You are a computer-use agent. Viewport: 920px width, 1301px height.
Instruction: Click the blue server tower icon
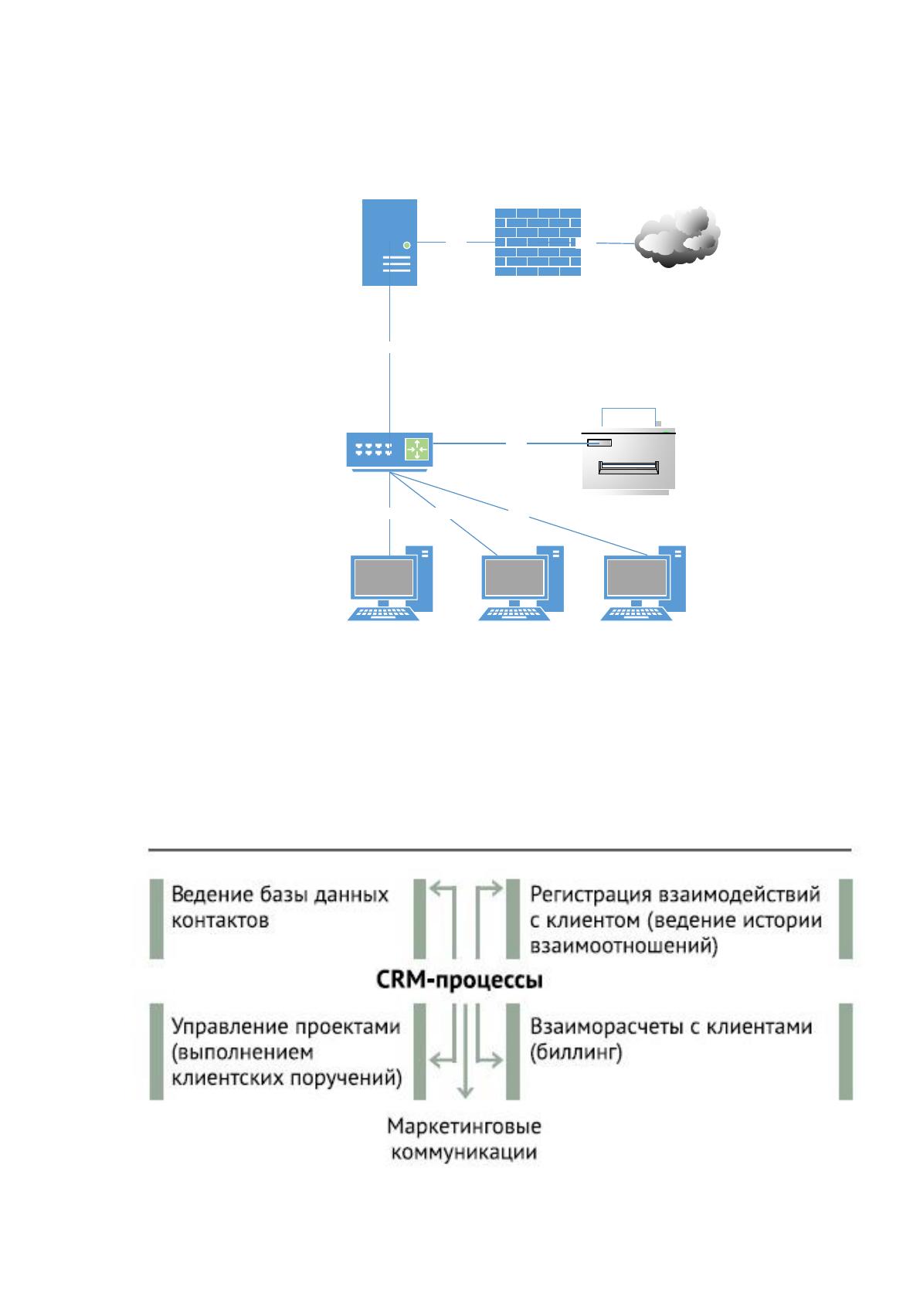point(389,242)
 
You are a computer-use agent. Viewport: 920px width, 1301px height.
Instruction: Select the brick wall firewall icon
point(538,242)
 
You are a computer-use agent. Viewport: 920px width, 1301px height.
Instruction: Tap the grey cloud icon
point(677,236)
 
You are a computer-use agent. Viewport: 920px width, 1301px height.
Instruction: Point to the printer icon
point(629,452)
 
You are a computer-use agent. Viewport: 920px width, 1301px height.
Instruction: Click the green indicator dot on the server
point(406,245)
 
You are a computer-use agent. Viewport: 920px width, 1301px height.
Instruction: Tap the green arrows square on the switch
point(416,449)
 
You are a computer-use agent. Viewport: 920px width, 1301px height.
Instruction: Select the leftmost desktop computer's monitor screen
point(383,577)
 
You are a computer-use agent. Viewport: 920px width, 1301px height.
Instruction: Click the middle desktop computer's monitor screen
point(514,577)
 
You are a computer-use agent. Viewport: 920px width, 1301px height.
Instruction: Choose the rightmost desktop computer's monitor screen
point(637,577)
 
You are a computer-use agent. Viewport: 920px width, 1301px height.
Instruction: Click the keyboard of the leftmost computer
point(382,614)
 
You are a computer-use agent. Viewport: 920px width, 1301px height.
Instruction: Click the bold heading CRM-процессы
point(460,980)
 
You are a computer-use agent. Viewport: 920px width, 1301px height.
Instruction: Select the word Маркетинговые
point(463,1126)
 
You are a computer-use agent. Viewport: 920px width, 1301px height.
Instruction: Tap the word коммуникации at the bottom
point(463,1152)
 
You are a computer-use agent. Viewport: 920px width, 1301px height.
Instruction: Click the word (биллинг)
point(575,1052)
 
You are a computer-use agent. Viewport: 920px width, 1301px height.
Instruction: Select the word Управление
point(228,1028)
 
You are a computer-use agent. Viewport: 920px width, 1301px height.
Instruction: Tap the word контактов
point(219,921)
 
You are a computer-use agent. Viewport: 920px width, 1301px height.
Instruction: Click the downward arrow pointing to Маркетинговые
point(465,1051)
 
